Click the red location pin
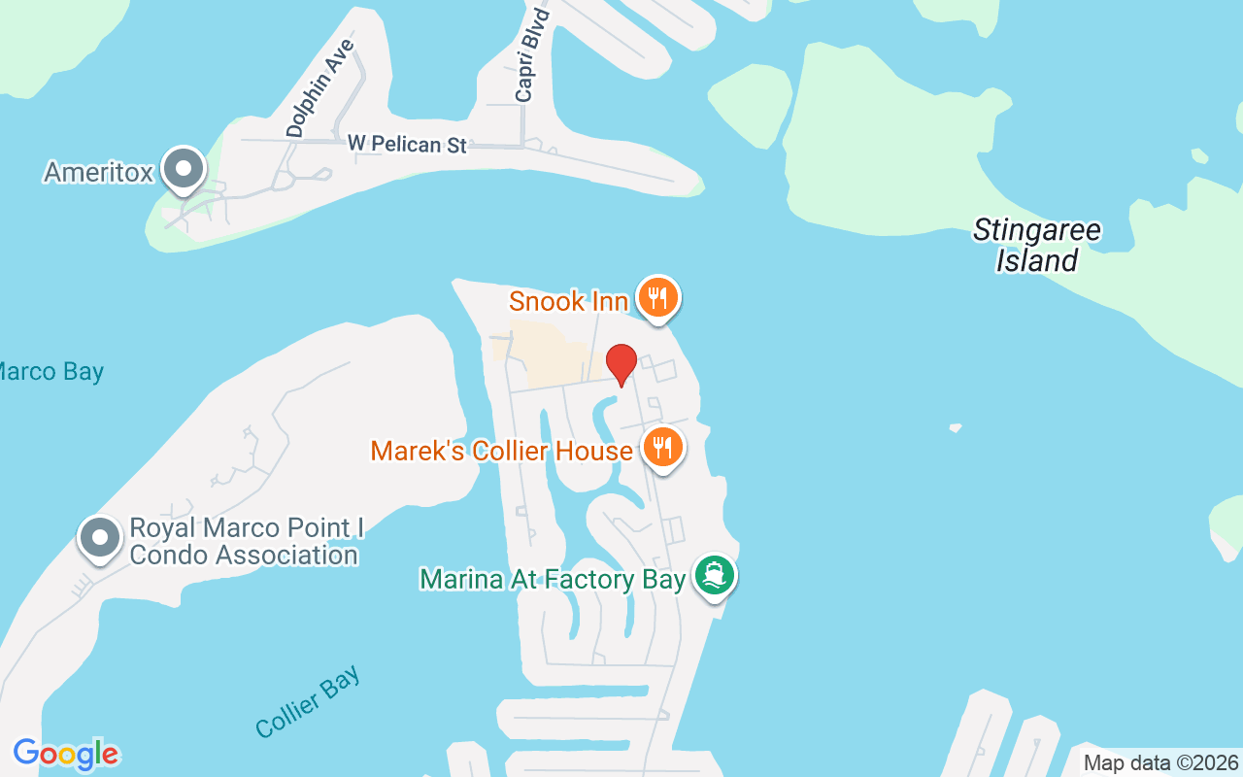pos(621,364)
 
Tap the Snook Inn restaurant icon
pos(658,297)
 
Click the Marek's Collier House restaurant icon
pos(663,448)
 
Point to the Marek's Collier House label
pos(501,452)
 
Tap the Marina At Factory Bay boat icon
pos(715,576)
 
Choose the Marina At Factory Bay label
pos(553,580)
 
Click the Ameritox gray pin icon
pos(182,170)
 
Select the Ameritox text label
pos(99,173)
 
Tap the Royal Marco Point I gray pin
pos(99,538)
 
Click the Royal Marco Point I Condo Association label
pos(246,542)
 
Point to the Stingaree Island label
pos(1037,246)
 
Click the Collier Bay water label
pos(308,701)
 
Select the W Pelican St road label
pos(408,145)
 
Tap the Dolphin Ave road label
pos(321,87)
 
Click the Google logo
pos(66,755)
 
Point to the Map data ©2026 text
pos(1160,762)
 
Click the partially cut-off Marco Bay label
pos(50,372)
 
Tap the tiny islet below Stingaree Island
pos(956,427)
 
